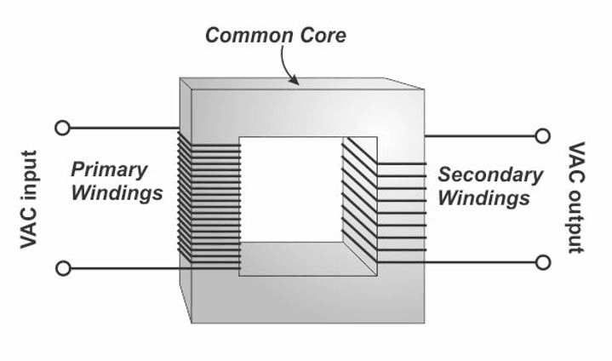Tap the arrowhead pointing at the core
pyautogui.click(x=295, y=81)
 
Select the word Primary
pyautogui.click(x=109, y=169)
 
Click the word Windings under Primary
pyautogui.click(x=117, y=192)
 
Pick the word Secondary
pyautogui.click(x=490, y=175)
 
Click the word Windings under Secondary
pyautogui.click(x=484, y=198)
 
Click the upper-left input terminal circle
pyautogui.click(x=62, y=128)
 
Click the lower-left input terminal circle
pyautogui.click(x=62, y=268)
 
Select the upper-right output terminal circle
pyautogui.click(x=542, y=135)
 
